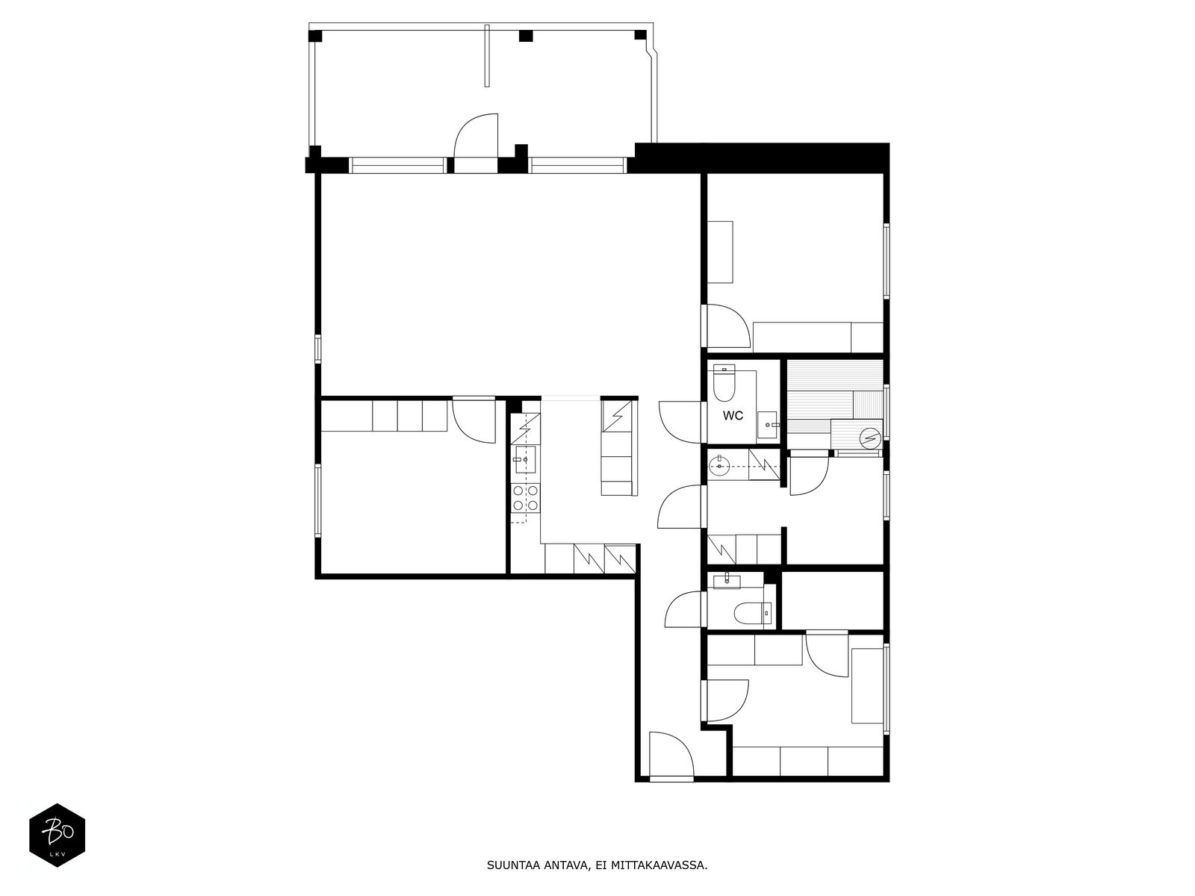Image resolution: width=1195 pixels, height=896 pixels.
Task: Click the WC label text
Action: (x=732, y=416)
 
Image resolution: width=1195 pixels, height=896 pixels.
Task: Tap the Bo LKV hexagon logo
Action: (x=58, y=835)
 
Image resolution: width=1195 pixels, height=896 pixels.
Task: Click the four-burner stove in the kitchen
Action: (x=525, y=498)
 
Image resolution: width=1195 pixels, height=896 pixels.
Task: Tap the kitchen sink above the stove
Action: (x=524, y=460)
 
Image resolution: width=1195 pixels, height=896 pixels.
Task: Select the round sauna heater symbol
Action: (x=869, y=438)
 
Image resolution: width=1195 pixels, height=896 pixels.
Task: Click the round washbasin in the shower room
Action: (x=720, y=466)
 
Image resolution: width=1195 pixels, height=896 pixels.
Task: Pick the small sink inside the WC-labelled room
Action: (x=768, y=424)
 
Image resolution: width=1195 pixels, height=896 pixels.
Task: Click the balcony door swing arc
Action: (x=474, y=136)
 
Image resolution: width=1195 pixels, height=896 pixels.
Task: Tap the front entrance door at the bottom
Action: (x=671, y=756)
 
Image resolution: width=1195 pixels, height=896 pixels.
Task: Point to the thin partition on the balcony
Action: (x=487, y=55)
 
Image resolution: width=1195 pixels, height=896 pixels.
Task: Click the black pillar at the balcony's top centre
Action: (x=525, y=36)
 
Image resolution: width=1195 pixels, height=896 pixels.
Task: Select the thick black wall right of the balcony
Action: (x=763, y=158)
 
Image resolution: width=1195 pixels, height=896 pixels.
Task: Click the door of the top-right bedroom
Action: (x=724, y=326)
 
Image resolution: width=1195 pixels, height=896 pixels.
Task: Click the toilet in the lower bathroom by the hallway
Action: (x=752, y=613)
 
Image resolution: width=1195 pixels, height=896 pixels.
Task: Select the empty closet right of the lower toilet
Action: (x=833, y=600)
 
